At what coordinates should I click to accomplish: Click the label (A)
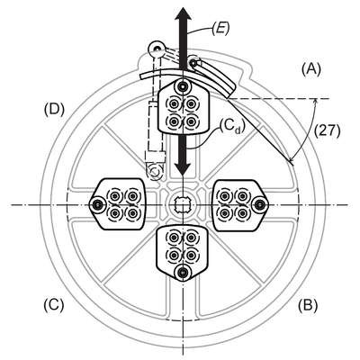(x=311, y=69)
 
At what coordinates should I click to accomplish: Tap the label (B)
(x=308, y=305)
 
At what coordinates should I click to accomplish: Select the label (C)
(x=54, y=305)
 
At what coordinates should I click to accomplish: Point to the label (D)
(x=54, y=110)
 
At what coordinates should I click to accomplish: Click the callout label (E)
(x=220, y=30)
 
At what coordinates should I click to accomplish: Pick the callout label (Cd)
(x=231, y=128)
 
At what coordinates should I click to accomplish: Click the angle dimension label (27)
(x=328, y=131)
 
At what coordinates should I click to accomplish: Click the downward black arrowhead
(x=183, y=167)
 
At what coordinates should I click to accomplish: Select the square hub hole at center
(x=183, y=204)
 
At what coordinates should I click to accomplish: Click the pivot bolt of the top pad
(x=183, y=86)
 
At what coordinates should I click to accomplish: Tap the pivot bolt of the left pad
(x=96, y=205)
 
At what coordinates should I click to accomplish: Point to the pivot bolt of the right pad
(x=260, y=204)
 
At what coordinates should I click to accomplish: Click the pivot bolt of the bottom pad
(x=182, y=272)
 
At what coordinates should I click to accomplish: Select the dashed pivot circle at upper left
(x=156, y=49)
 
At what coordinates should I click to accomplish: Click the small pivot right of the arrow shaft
(x=193, y=63)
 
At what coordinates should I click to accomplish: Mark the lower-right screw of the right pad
(x=242, y=213)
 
